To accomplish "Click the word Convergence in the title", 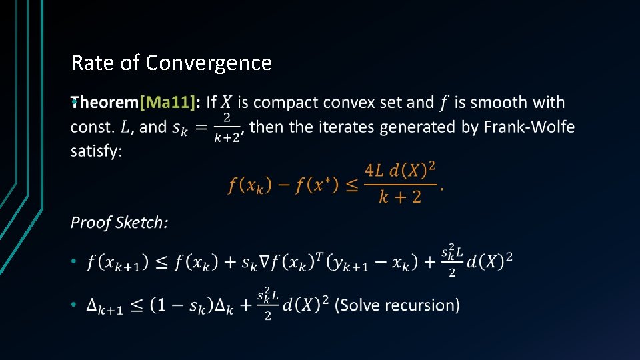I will point(209,63).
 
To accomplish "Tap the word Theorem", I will point(105,103).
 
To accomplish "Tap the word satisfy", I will point(96,151).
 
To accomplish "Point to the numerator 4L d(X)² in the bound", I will point(399,172).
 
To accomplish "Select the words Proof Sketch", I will point(119,222).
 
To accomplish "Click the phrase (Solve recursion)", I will point(397,305).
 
